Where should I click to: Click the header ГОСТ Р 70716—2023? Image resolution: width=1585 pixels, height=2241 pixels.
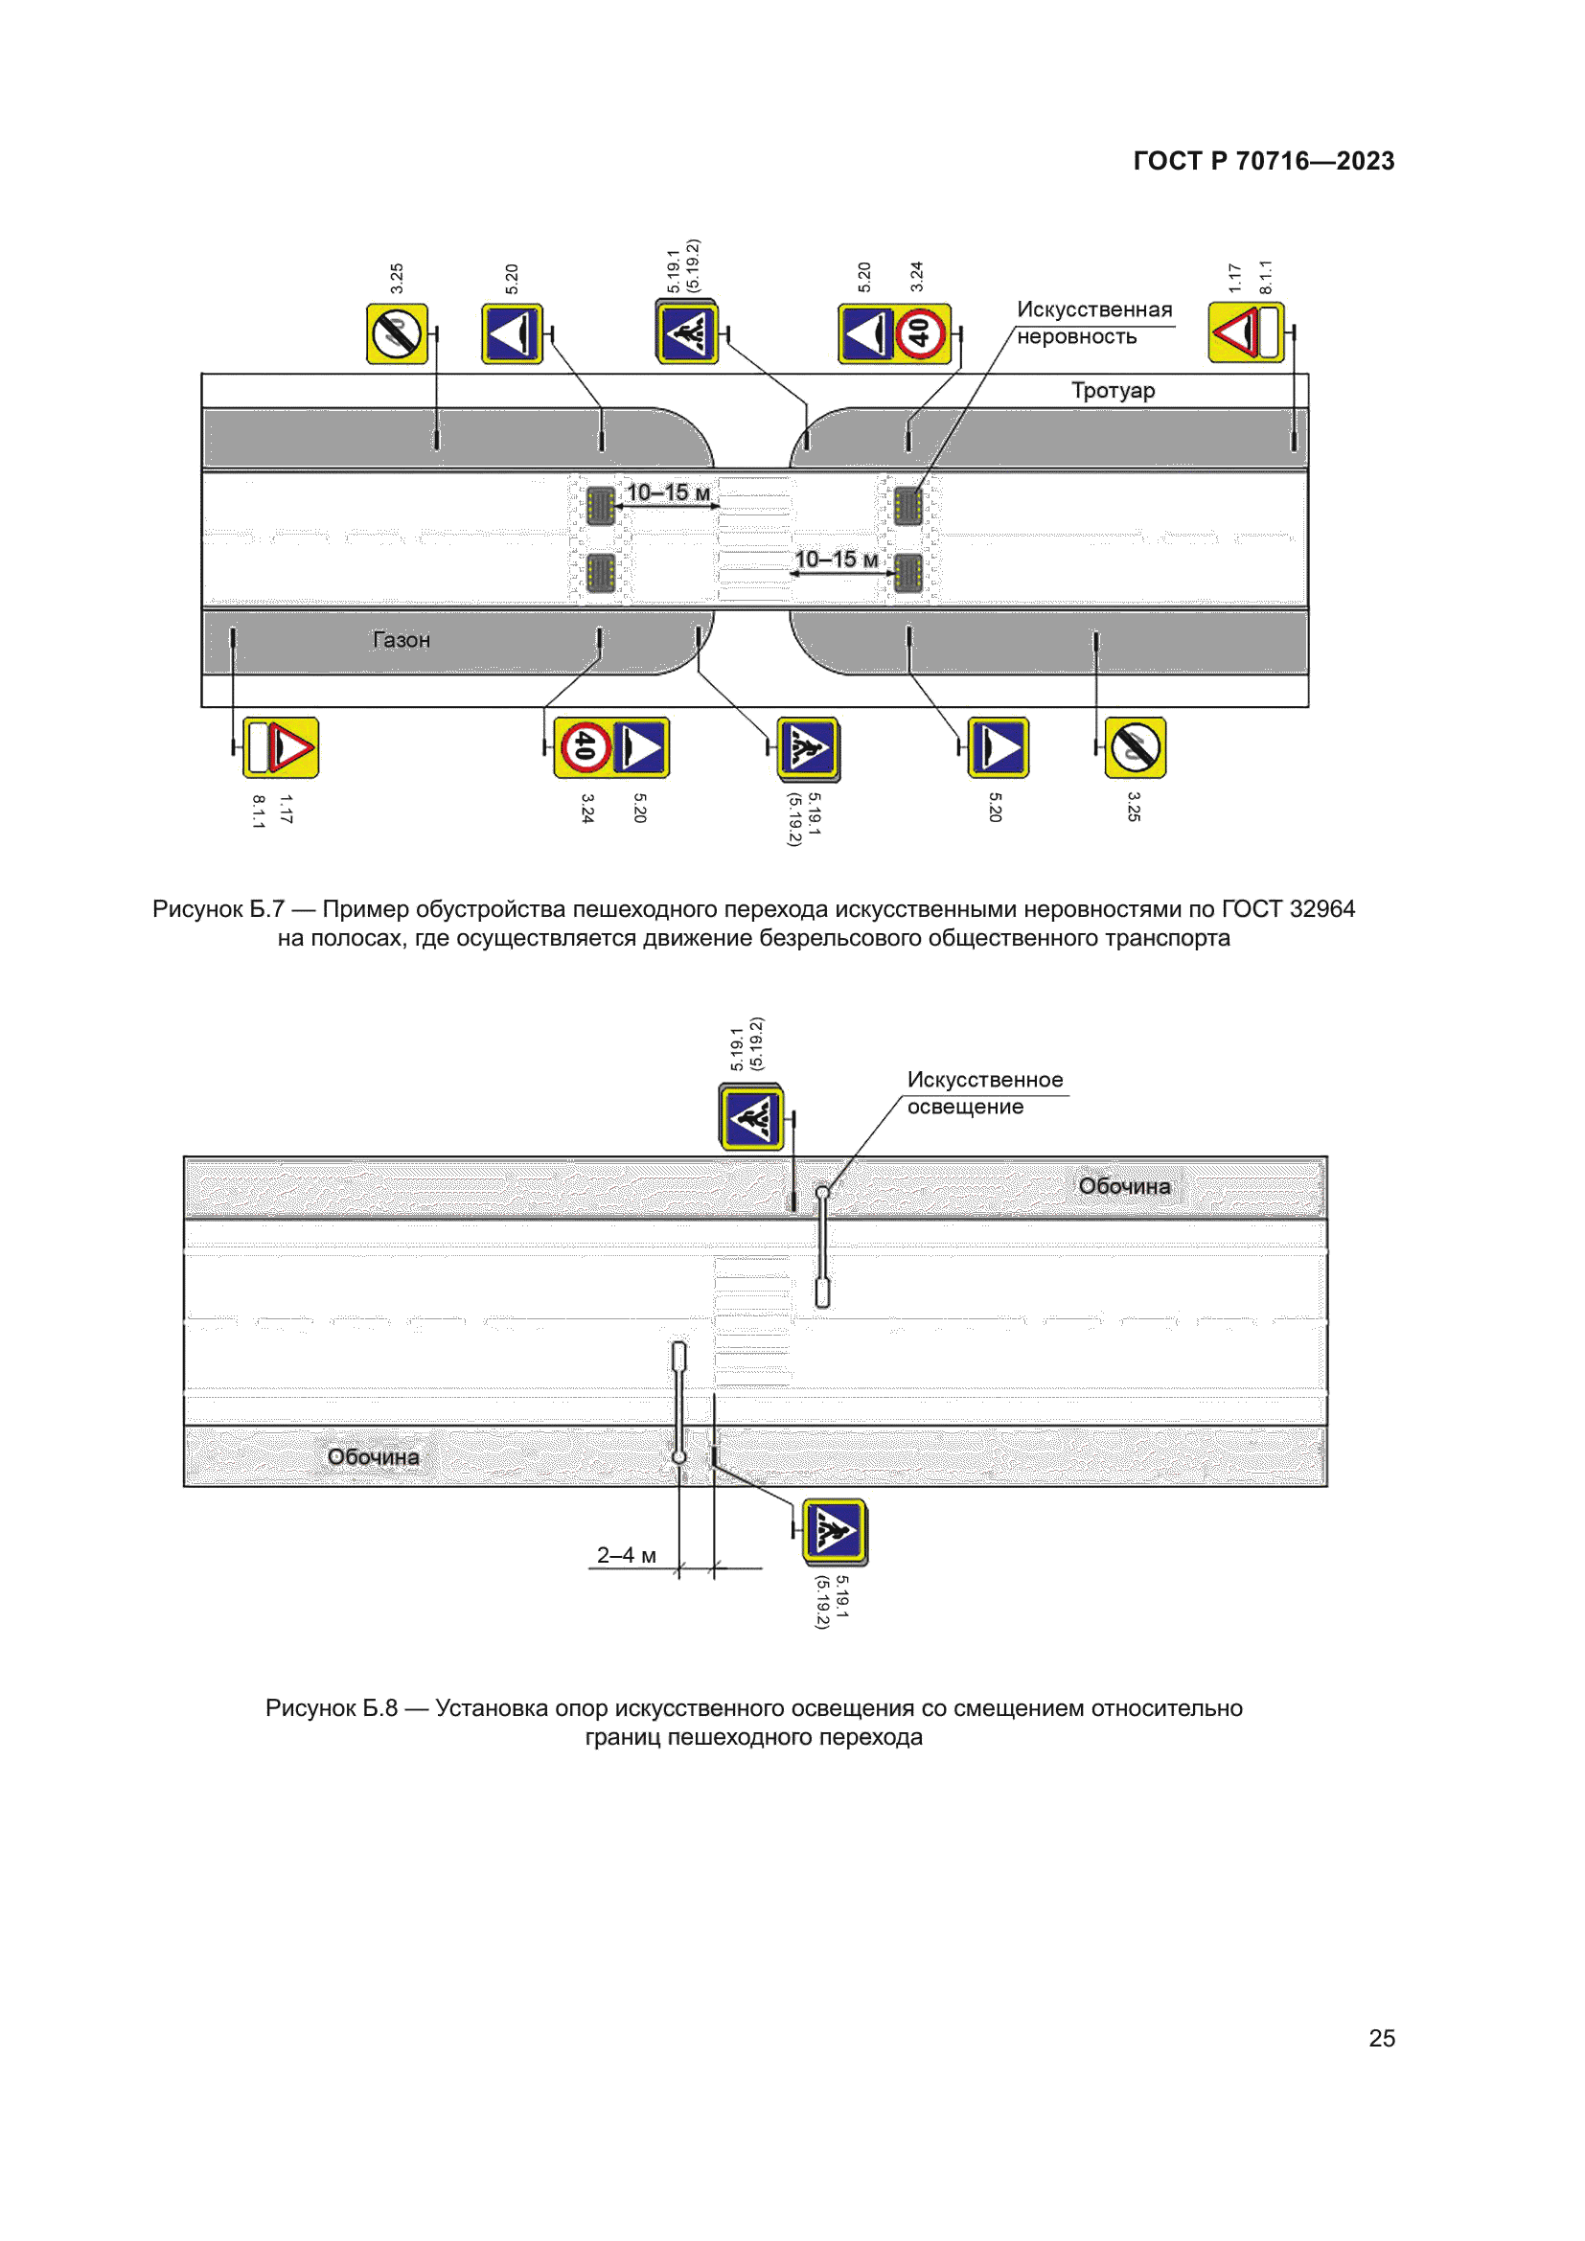pyautogui.click(x=1263, y=161)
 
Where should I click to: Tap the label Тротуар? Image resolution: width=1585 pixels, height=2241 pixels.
pyautogui.click(x=1113, y=390)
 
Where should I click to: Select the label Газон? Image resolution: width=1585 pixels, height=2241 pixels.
pyautogui.click(x=402, y=640)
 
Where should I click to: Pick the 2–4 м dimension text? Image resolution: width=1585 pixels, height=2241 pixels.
pyautogui.click(x=627, y=1555)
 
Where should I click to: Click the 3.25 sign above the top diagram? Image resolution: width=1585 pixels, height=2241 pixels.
pyautogui.click(x=397, y=333)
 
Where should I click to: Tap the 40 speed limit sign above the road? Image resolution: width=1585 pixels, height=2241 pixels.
pyautogui.click(x=920, y=333)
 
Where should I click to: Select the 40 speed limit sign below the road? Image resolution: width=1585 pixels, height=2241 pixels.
pyautogui.click(x=585, y=747)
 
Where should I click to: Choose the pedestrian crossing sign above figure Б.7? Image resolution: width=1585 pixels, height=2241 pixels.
pyautogui.click(x=687, y=333)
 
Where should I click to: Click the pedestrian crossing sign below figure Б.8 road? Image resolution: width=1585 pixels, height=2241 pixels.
pyautogui.click(x=835, y=1531)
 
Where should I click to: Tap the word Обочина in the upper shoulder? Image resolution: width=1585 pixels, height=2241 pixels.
pyautogui.click(x=1123, y=1186)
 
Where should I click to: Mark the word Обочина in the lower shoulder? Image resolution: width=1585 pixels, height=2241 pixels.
pyautogui.click(x=373, y=1457)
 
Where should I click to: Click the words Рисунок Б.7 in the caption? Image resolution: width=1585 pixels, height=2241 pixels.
pyautogui.click(x=218, y=908)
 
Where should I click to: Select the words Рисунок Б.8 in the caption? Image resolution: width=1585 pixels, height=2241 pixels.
pyautogui.click(x=331, y=1708)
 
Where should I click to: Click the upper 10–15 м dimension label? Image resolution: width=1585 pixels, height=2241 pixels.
pyautogui.click(x=668, y=492)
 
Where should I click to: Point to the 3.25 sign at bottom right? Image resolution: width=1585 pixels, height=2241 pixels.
pyautogui.click(x=1135, y=747)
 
